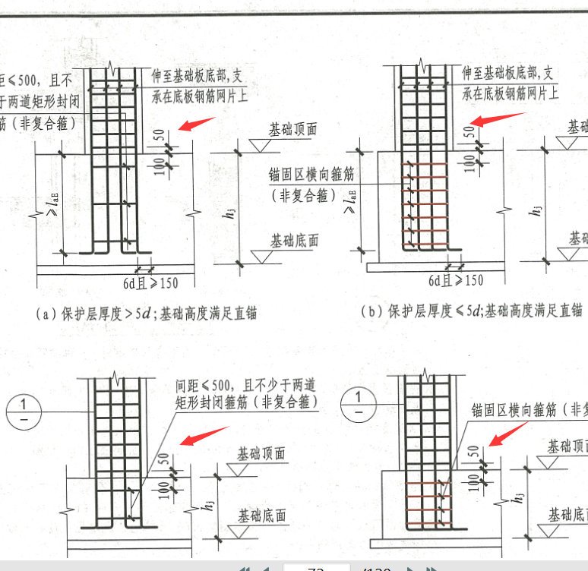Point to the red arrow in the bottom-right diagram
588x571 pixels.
(x=509, y=434)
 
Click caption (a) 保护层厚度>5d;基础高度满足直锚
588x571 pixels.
(x=144, y=313)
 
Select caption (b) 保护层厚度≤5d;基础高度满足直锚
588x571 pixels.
(x=471, y=310)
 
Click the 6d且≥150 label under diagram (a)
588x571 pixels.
(x=151, y=283)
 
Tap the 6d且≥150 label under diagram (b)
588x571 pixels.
(x=456, y=280)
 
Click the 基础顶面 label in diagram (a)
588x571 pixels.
(x=292, y=129)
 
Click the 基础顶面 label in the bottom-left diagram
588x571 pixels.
(x=261, y=454)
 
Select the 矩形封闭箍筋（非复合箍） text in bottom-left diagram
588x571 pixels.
(x=245, y=402)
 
